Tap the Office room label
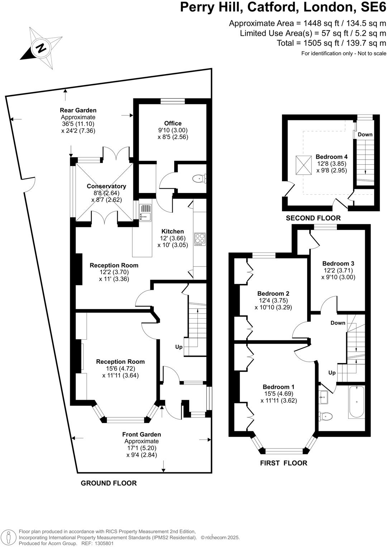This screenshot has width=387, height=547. click(x=173, y=123)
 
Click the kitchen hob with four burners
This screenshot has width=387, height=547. click(x=200, y=239)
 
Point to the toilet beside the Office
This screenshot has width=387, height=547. click(x=198, y=178)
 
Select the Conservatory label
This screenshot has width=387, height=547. click(x=106, y=186)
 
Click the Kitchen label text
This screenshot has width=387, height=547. click(x=172, y=231)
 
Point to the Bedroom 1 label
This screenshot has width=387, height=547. click(x=278, y=387)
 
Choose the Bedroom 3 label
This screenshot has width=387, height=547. click(x=338, y=263)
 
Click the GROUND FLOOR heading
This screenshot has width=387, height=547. click(x=109, y=483)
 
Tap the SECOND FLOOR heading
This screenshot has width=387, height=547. click(x=313, y=218)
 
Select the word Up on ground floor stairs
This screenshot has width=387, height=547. click(x=179, y=347)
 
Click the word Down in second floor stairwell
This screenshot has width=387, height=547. click(x=365, y=135)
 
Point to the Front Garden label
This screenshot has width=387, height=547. click(x=142, y=435)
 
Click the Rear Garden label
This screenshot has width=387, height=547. click(x=78, y=110)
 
